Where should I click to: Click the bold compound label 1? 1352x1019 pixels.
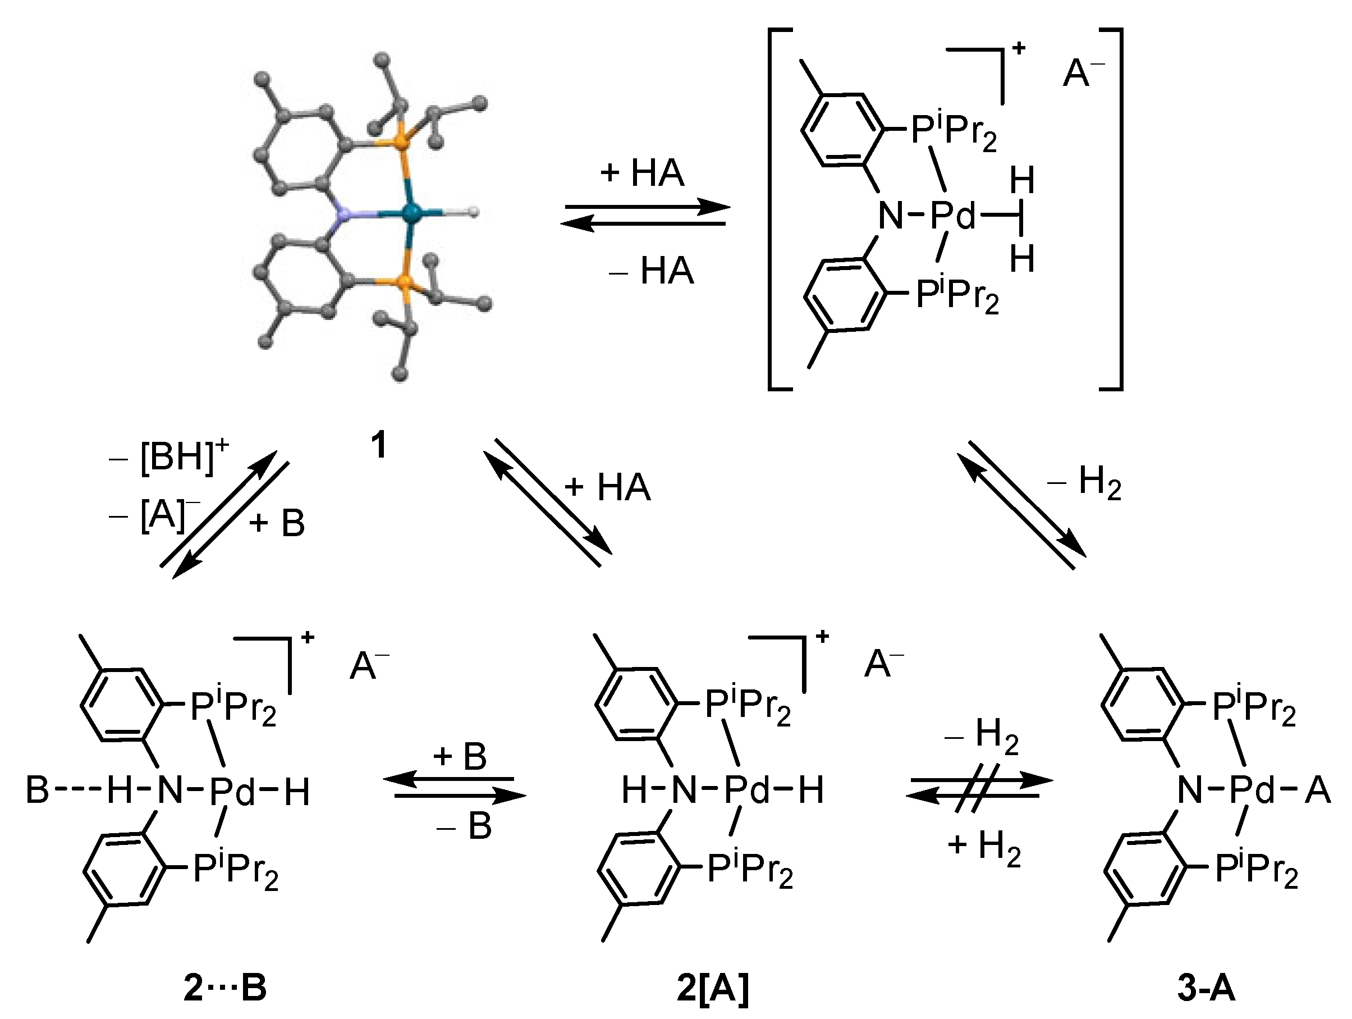(x=379, y=445)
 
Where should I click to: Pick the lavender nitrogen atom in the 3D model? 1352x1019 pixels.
(x=346, y=214)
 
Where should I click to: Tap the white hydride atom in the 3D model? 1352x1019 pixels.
(x=473, y=212)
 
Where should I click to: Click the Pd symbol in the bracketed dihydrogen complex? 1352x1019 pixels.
(x=953, y=216)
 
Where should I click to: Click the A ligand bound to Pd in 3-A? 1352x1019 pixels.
(x=1318, y=790)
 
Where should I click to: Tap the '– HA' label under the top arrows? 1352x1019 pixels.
(x=652, y=271)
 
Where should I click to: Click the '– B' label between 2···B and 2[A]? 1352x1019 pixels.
(x=465, y=826)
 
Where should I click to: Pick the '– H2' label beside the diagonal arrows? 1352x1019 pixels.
(x=1085, y=483)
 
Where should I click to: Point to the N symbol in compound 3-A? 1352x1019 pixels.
(x=1189, y=790)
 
